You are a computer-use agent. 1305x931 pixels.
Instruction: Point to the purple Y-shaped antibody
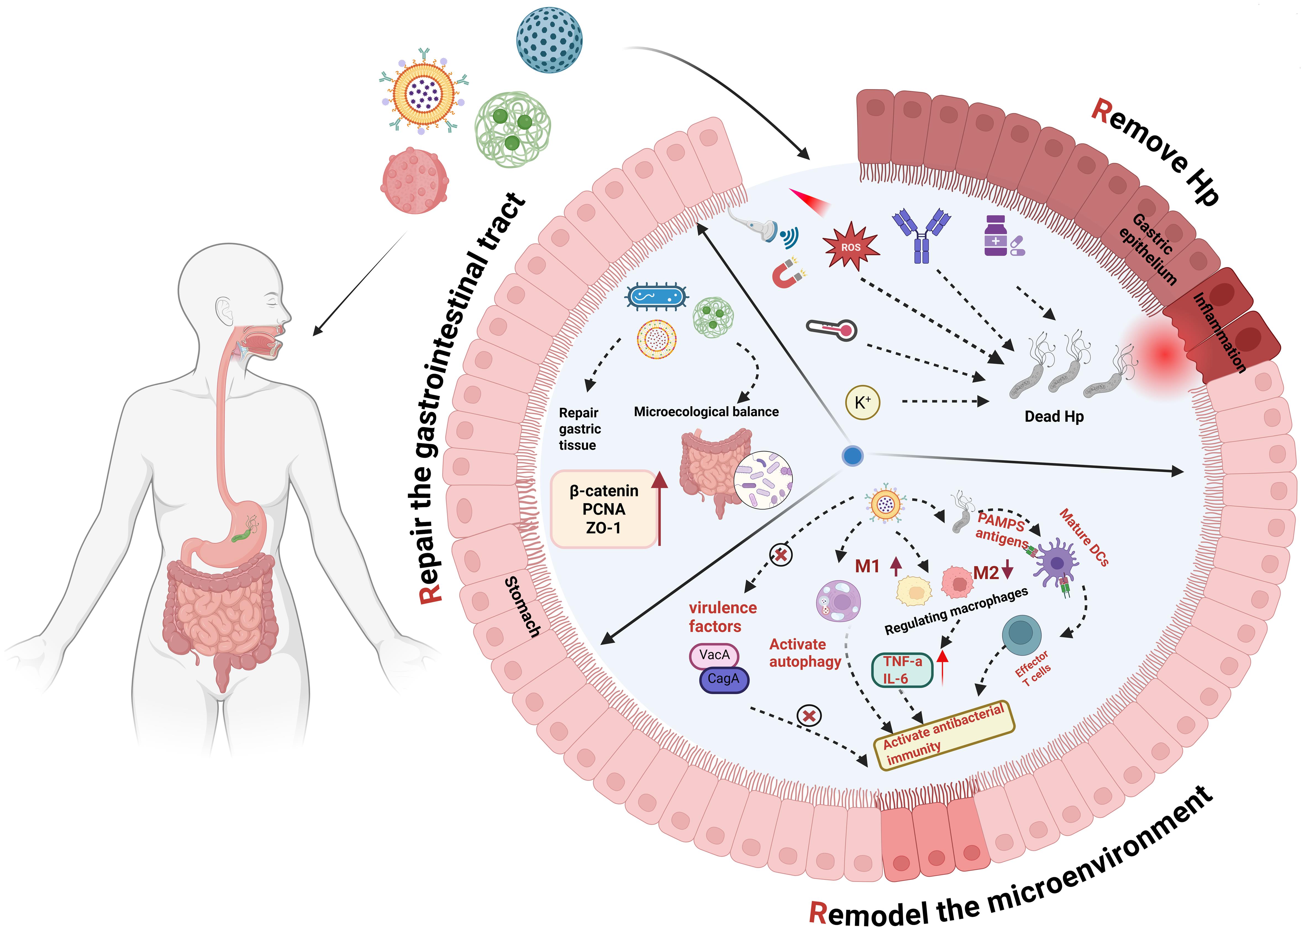[x=921, y=235]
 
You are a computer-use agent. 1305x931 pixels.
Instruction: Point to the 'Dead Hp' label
[x=1053, y=417]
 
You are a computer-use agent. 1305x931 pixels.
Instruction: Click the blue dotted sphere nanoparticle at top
[x=549, y=40]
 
